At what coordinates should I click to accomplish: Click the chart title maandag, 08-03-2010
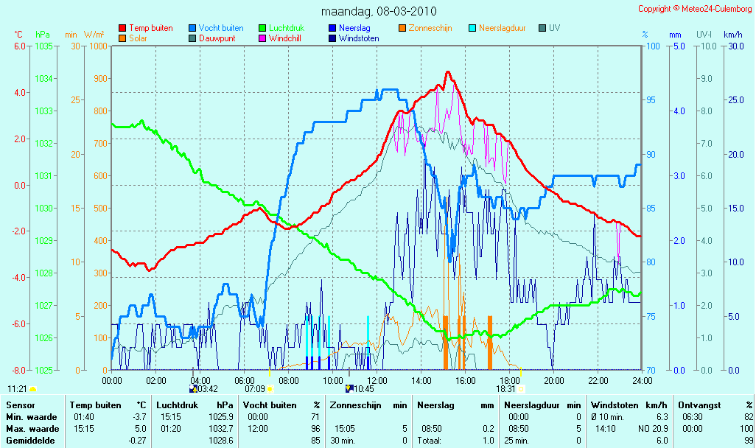[x=379, y=11]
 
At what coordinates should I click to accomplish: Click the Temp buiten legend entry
[x=146, y=28]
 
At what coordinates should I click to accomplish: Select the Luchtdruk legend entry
[x=281, y=28]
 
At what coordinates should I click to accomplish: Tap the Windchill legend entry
[x=280, y=38]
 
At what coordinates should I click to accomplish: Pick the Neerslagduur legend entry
[x=497, y=28]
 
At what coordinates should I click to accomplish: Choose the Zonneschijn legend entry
[x=425, y=28]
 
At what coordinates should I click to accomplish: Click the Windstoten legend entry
[x=354, y=38]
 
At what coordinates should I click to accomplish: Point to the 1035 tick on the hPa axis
[x=43, y=46]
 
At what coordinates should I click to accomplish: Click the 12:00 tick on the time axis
[x=377, y=380]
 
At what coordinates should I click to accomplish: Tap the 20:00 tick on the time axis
[x=554, y=380]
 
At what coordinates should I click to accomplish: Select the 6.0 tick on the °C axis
[x=19, y=46]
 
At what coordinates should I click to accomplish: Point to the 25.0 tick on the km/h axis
[x=736, y=99]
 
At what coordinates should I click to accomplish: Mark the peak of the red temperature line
[x=448, y=72]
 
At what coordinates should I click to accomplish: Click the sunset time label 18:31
[x=505, y=389]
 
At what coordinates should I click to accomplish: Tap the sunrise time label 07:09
[x=254, y=389]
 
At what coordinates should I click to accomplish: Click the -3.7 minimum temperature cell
[x=139, y=417]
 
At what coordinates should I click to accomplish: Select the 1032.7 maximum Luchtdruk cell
[x=221, y=429]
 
